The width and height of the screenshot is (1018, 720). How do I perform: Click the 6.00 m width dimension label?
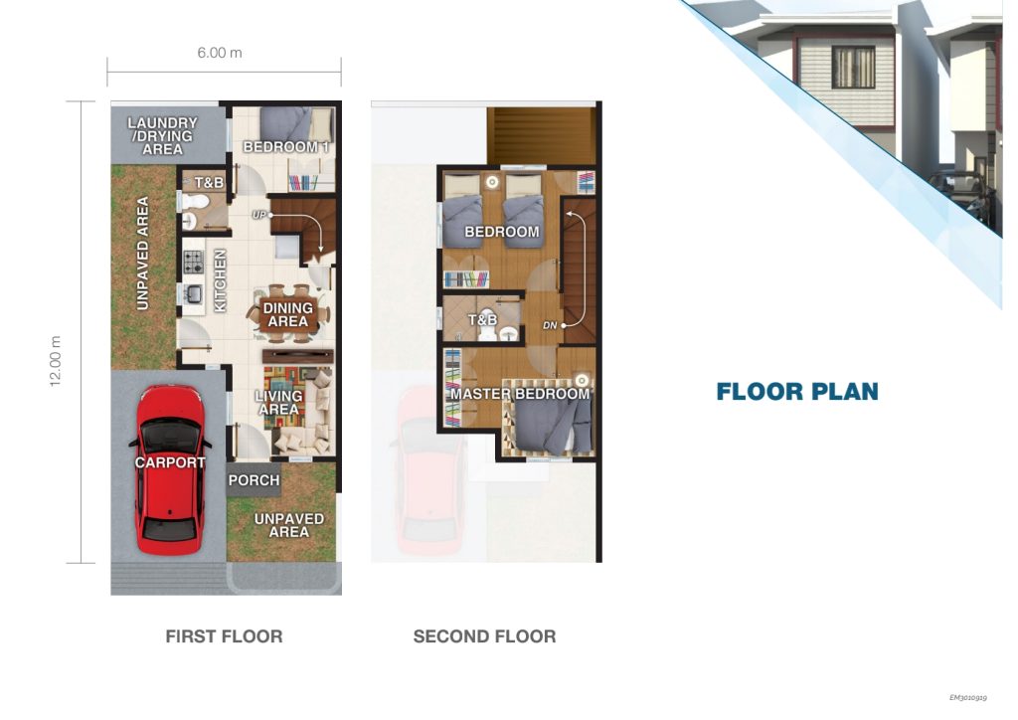[220, 53]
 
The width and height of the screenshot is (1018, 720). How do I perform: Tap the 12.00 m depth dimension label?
[56, 361]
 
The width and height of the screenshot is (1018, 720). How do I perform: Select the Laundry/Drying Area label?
[162, 135]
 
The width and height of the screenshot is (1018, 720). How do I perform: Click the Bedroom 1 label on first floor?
[286, 147]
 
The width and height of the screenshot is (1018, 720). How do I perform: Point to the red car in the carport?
[169, 469]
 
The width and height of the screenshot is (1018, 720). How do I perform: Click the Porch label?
[254, 480]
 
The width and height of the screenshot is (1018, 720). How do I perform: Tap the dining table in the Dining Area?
[287, 314]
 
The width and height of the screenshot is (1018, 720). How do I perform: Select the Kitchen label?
[220, 280]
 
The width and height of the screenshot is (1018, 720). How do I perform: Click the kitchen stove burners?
[194, 262]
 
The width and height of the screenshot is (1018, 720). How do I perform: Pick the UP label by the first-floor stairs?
[259, 215]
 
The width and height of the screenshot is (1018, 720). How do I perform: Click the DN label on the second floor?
[550, 325]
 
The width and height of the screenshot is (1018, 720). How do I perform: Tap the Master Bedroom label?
[520, 394]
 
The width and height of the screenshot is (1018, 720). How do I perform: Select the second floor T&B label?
[482, 319]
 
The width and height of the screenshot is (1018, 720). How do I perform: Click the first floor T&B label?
[209, 182]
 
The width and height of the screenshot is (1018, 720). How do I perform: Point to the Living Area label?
[279, 403]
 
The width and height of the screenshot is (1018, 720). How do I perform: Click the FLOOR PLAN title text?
[797, 392]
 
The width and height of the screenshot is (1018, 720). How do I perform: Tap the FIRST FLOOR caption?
[224, 636]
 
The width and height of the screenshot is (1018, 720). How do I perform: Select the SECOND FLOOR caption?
[484, 636]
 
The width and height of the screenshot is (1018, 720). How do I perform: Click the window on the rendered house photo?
[854, 67]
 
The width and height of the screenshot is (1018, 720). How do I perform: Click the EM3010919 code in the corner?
[968, 698]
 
